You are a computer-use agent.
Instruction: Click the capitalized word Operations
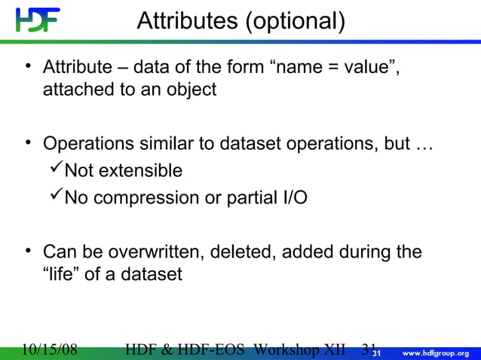(91, 144)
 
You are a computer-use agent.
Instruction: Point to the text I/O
(290, 199)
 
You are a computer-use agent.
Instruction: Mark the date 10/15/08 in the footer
(51, 349)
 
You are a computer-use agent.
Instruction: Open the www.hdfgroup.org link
(437, 352)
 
